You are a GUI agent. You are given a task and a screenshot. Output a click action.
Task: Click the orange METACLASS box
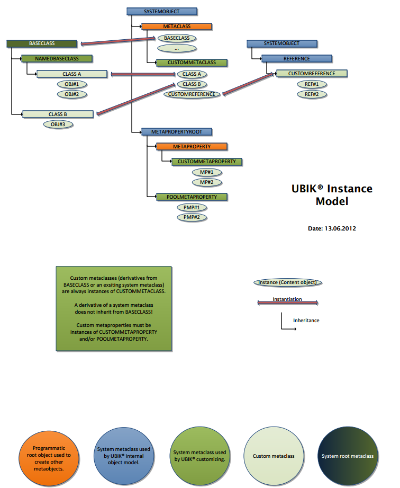(177, 26)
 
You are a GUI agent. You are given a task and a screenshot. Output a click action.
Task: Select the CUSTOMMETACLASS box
(192, 63)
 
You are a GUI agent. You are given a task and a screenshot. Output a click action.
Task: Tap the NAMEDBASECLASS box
(57, 58)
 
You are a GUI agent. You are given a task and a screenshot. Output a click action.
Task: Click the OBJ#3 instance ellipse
(58, 125)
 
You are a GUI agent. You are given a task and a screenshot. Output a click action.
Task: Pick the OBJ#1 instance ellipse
(72, 84)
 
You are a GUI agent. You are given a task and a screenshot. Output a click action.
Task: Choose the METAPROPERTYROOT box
(177, 131)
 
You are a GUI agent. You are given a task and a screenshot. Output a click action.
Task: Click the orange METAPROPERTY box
(192, 146)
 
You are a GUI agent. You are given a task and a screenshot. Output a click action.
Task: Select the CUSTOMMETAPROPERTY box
(206, 161)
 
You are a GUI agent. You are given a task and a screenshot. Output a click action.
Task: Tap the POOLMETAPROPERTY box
(192, 197)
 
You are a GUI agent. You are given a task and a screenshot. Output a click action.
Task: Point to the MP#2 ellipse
(206, 182)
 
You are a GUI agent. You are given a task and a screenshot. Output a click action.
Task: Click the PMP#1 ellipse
(191, 207)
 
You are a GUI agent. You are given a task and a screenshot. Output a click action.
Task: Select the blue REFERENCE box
(297, 59)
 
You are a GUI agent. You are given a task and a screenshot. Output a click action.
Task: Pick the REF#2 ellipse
(312, 94)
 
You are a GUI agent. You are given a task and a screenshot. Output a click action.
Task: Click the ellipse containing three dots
(177, 48)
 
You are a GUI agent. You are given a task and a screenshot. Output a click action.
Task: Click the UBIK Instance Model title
(332, 194)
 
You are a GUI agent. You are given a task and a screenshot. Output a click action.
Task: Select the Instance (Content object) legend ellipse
(288, 282)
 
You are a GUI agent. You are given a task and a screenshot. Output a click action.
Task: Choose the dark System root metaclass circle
(348, 456)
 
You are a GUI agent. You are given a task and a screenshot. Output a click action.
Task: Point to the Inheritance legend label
(306, 321)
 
